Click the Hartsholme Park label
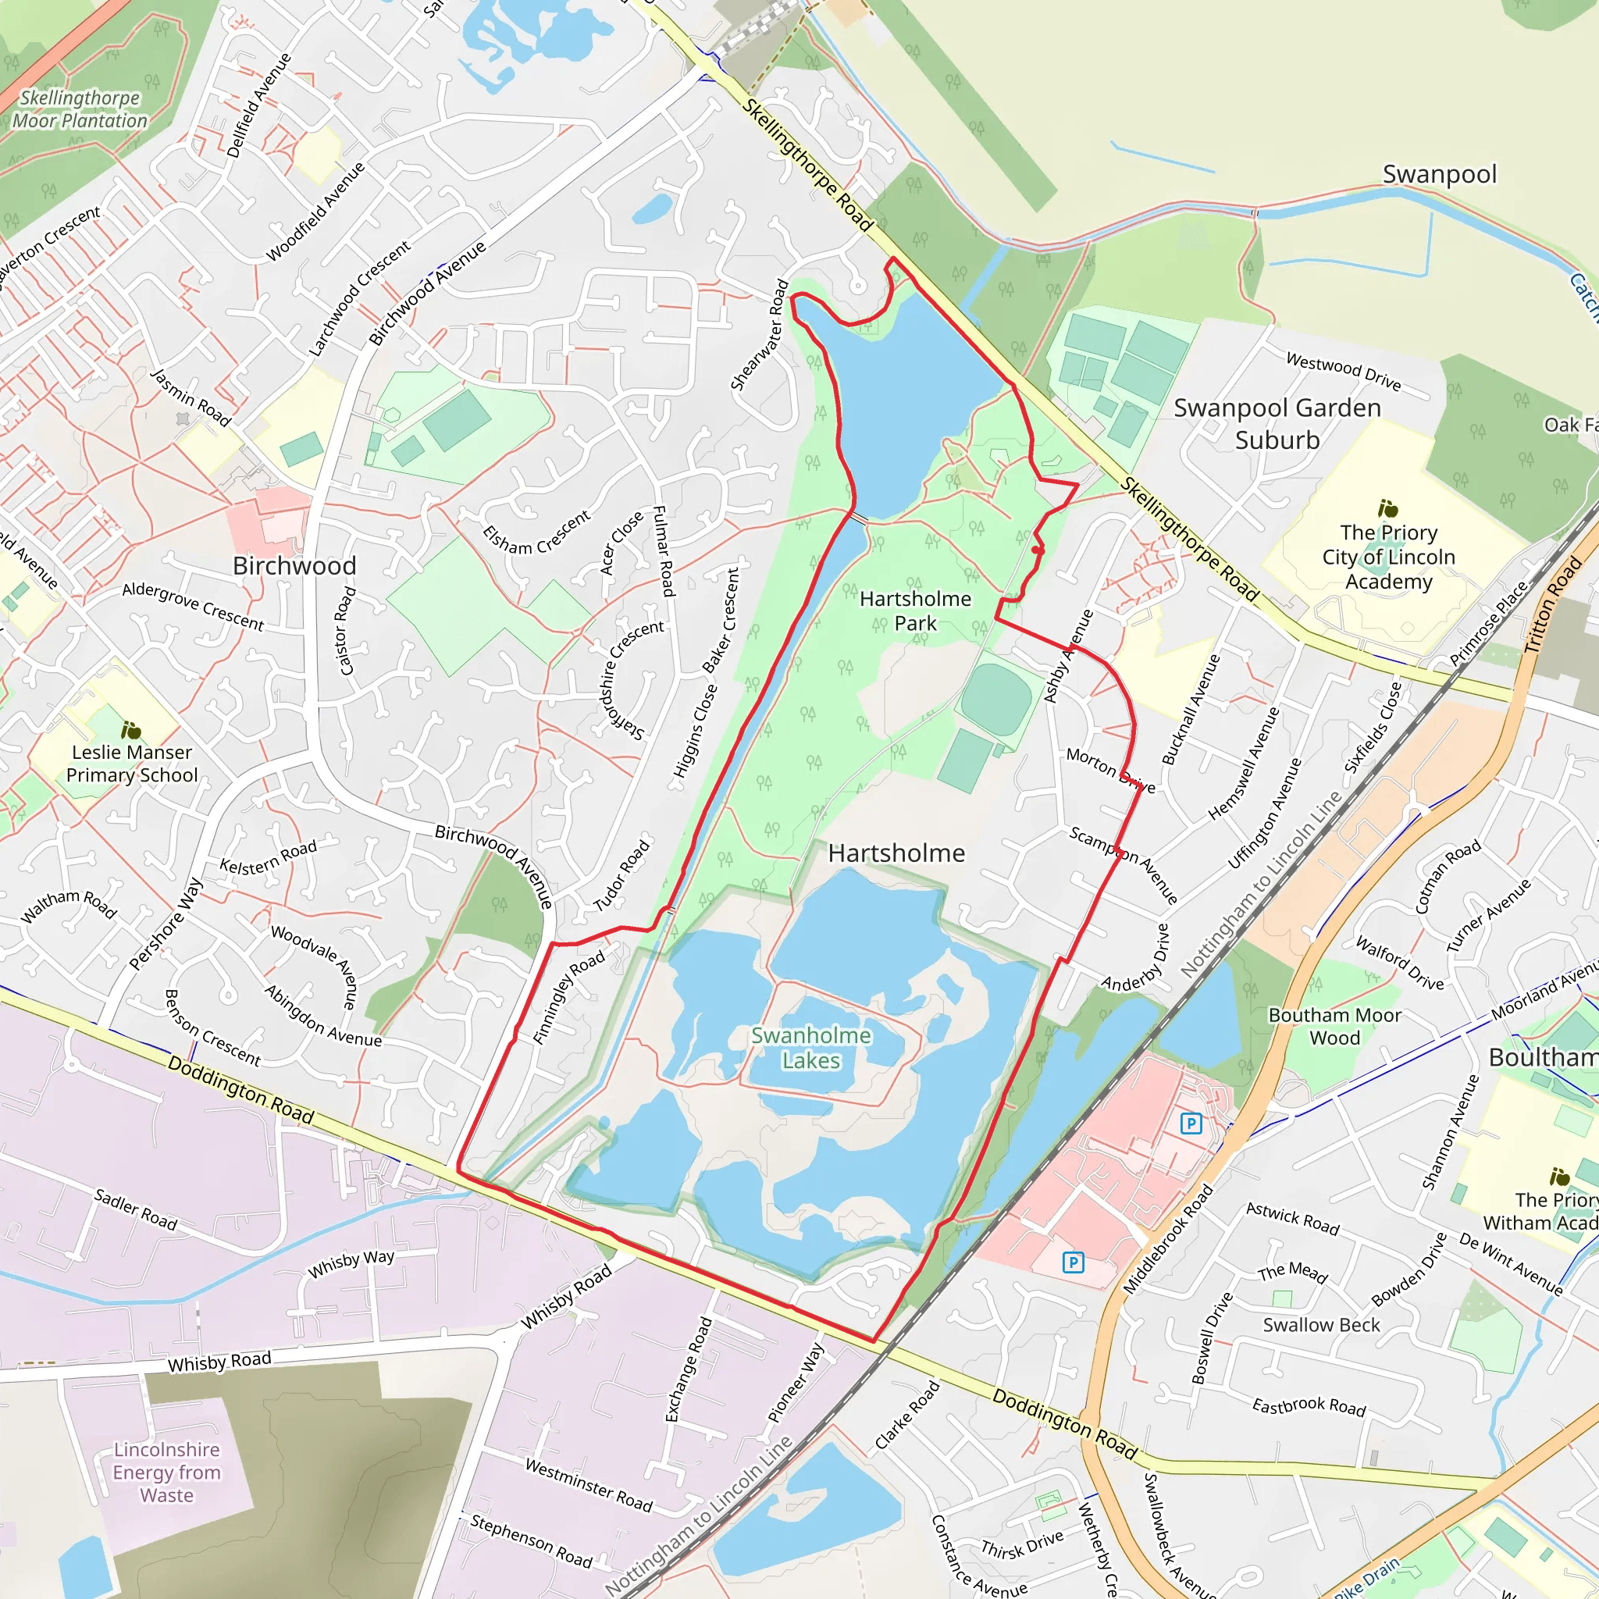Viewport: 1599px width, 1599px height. pyautogui.click(x=914, y=610)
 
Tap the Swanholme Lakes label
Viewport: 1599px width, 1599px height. pyautogui.click(x=810, y=1047)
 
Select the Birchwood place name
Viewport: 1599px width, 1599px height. pyautogui.click(x=294, y=565)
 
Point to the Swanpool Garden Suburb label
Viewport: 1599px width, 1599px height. pyautogui.click(x=1277, y=423)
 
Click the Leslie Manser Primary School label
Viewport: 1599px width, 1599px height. pyautogui.click(x=132, y=763)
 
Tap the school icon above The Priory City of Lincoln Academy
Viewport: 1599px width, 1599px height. pyautogui.click(x=1387, y=507)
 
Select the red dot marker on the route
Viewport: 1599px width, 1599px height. pyautogui.click(x=1037, y=550)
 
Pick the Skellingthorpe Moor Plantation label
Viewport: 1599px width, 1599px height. pyautogui.click(x=80, y=109)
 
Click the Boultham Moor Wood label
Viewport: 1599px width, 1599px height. pyautogui.click(x=1334, y=1026)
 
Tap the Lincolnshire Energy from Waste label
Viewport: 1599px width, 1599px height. pyautogui.click(x=166, y=1472)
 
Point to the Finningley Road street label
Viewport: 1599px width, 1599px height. pyautogui.click(x=568, y=997)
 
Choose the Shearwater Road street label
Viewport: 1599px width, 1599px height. pyautogui.click(x=759, y=335)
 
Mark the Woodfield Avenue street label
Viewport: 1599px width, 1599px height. pyautogui.click(x=315, y=211)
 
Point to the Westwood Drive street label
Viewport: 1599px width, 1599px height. pyautogui.click(x=1342, y=371)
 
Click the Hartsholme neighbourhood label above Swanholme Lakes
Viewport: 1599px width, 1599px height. pyautogui.click(x=896, y=853)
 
